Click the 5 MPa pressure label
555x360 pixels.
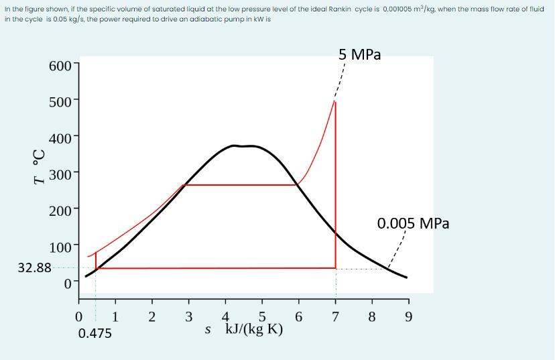pos(360,54)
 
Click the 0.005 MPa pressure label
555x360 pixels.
pos(413,223)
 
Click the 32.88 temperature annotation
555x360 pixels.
pos(34,267)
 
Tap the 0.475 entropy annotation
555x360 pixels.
pos(95,333)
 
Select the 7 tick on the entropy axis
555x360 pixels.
pos(335,316)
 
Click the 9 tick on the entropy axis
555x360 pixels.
pos(408,316)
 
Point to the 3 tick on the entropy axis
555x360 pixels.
pos(188,316)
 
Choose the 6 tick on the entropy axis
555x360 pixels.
pos(299,316)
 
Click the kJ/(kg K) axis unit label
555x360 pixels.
pos(255,329)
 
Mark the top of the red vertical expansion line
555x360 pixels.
pos(335,101)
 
